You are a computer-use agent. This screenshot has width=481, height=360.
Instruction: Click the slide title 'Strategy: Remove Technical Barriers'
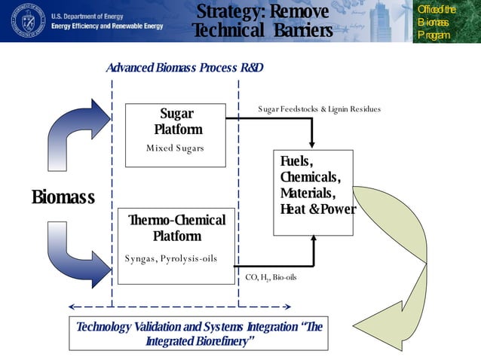[x=262, y=21]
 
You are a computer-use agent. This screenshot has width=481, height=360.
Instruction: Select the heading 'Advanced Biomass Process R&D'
[x=184, y=68]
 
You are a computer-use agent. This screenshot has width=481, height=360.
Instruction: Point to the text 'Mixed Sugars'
[x=175, y=148]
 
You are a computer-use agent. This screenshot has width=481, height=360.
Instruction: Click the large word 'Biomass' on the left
[x=63, y=197]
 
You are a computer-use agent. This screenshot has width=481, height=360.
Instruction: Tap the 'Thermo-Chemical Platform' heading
[x=176, y=227]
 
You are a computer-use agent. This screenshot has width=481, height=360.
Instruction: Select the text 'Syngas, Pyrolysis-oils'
[x=170, y=258]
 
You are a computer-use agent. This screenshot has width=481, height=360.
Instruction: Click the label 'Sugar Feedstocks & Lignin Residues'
[x=319, y=109]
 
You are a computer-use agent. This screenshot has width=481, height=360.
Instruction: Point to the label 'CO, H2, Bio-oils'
[x=271, y=277]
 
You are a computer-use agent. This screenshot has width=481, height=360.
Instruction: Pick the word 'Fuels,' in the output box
[x=296, y=161]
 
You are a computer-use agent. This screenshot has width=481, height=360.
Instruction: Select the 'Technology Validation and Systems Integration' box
[x=198, y=334]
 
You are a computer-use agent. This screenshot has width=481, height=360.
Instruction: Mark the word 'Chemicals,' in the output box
[x=310, y=177]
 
